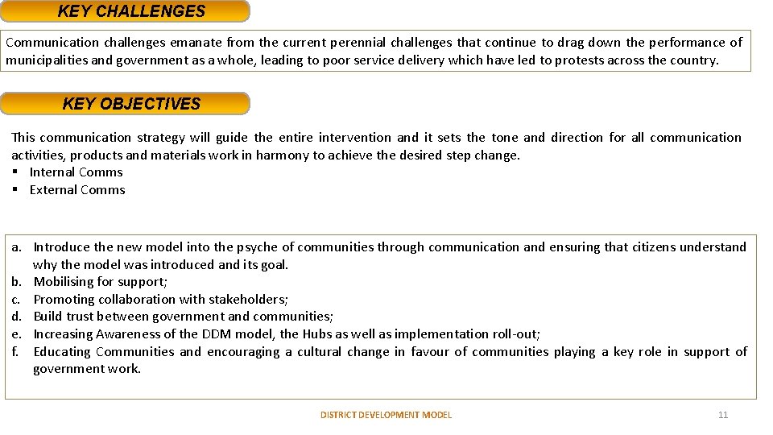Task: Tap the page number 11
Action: pyautogui.click(x=722, y=415)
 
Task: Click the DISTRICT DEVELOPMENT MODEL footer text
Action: pyautogui.click(x=386, y=415)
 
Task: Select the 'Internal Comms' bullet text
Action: pyautogui.click(x=76, y=172)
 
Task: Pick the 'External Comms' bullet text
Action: pyautogui.click(x=77, y=190)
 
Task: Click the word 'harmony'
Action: pyautogui.click(x=268, y=155)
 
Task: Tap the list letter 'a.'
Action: pyautogui.click(x=16, y=247)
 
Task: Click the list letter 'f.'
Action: pyautogui.click(x=15, y=352)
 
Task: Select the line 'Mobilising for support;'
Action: pyautogui.click(x=101, y=282)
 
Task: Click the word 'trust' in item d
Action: pyautogui.click(x=86, y=317)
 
